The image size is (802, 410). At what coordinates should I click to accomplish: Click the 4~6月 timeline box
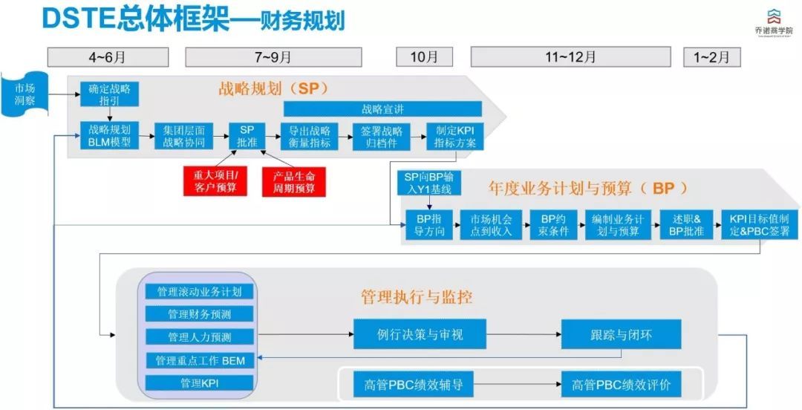(x=108, y=57)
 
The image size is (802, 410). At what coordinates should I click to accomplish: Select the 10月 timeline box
(x=424, y=57)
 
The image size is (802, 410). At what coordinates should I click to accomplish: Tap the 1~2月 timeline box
(x=711, y=57)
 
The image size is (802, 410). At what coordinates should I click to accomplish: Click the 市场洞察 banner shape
(x=25, y=94)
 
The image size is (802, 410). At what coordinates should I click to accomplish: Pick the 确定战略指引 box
(x=109, y=94)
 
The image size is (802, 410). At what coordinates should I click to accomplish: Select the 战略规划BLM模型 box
(x=109, y=136)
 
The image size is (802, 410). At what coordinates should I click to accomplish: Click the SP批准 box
(x=247, y=136)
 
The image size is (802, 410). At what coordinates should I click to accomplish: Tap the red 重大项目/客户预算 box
(x=215, y=180)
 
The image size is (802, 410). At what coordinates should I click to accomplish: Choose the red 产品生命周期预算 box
(x=294, y=180)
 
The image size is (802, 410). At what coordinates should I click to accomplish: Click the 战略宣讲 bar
(x=382, y=109)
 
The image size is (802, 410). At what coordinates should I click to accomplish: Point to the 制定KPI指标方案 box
(x=456, y=136)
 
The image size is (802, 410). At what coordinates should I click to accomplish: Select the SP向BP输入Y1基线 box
(x=428, y=183)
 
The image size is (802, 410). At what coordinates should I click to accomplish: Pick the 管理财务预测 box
(x=199, y=314)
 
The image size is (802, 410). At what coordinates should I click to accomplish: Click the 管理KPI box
(x=199, y=383)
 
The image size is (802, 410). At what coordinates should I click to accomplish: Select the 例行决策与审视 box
(x=420, y=334)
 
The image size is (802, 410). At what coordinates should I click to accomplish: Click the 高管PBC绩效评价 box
(x=621, y=385)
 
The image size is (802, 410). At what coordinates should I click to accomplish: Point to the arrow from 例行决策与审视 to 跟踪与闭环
(x=524, y=335)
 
